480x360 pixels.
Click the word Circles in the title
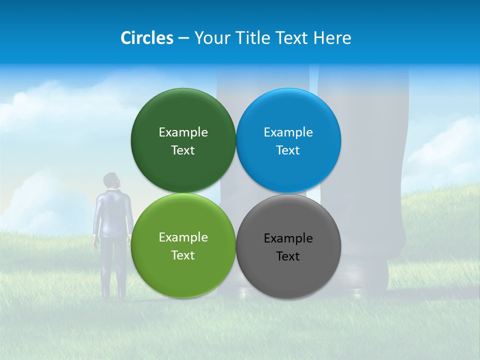(x=146, y=38)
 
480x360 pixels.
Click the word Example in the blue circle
(x=288, y=132)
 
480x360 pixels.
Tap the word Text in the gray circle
(x=288, y=256)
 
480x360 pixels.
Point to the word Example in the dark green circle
(x=183, y=132)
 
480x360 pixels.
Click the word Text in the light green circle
(x=183, y=255)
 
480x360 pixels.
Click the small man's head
(x=111, y=180)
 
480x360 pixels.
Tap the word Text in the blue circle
(x=288, y=150)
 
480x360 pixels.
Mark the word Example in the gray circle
(x=288, y=238)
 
